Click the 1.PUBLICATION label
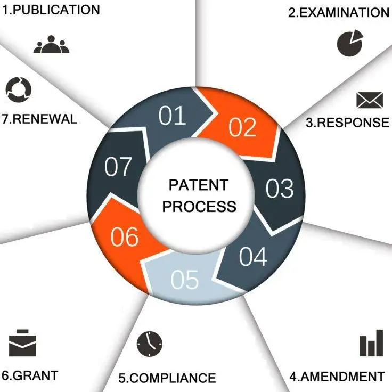[51, 10]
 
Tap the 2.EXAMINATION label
[339, 12]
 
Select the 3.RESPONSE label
[347, 123]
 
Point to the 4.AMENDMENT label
[337, 377]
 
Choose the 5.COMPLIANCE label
[167, 378]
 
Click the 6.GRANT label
[30, 375]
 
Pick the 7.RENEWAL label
[39, 119]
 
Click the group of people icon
[51, 44]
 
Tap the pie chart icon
[350, 43]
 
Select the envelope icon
[370, 100]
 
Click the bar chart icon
[371, 343]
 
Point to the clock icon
[150, 344]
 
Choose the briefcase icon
[22, 343]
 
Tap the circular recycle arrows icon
[19, 89]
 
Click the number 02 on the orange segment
[242, 127]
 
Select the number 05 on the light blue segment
[185, 279]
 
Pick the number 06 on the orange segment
[125, 236]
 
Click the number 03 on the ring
[280, 188]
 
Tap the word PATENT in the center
[199, 185]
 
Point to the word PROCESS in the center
[199, 207]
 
